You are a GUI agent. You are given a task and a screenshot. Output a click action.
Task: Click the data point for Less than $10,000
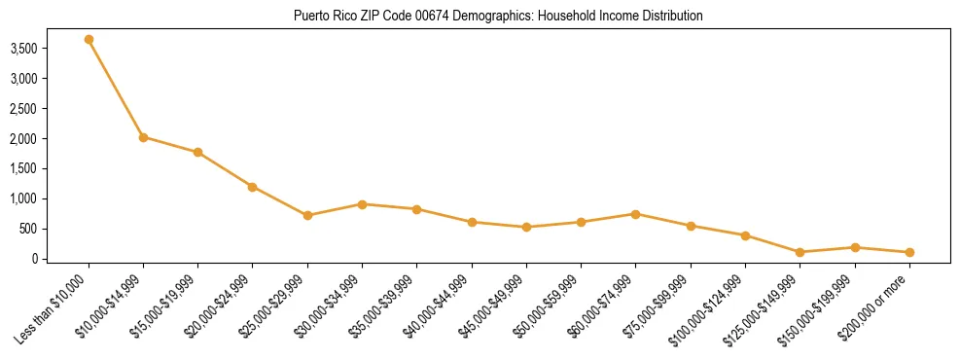coord(89,40)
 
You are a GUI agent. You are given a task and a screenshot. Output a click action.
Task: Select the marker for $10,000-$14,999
coord(143,137)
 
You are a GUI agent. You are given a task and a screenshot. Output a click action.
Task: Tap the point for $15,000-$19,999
coord(197,152)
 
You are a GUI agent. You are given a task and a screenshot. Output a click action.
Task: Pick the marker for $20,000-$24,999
coord(252,187)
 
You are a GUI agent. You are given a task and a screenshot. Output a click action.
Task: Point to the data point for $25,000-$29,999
coord(307,215)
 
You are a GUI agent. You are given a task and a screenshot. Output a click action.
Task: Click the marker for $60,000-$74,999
coord(635,214)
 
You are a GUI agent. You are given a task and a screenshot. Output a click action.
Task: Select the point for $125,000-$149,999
coord(800,252)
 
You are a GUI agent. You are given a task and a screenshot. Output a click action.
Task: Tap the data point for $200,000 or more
coord(909,252)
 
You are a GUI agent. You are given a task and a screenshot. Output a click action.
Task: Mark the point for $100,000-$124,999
coord(745,235)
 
